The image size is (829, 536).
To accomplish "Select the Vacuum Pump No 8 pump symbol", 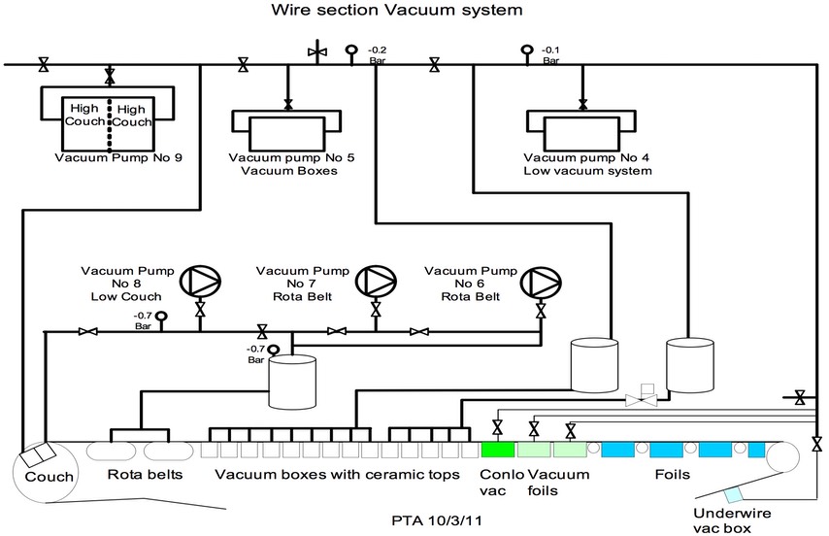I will pos(201,282).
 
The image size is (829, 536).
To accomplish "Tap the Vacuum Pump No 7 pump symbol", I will pos(375,282).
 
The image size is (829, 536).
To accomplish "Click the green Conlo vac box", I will pos(496,450).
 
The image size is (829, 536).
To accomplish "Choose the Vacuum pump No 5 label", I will pos(283,157).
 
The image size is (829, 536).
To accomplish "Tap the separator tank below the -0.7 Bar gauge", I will pos(292,382).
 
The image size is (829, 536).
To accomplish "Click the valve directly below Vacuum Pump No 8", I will pos(201,310).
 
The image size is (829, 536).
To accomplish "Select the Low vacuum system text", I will pos(587,170).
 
